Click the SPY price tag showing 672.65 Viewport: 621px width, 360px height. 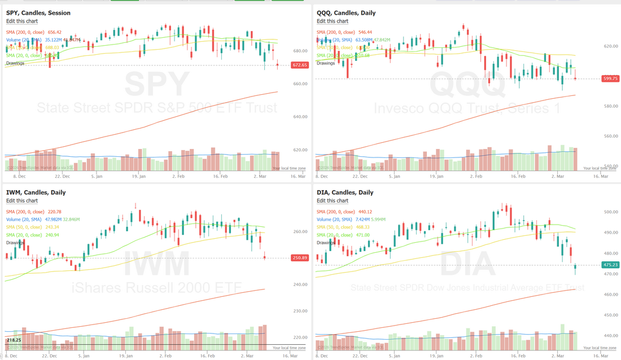(300, 65)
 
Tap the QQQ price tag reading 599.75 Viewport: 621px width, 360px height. (610, 79)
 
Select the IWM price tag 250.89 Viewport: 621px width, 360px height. (300, 258)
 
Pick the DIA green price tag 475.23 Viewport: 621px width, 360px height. (610, 265)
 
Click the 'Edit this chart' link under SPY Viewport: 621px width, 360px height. (22, 21)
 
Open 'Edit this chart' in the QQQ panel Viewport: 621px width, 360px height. (333, 21)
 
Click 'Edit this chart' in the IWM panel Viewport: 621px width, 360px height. (22, 200)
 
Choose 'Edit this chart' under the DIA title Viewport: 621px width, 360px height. (333, 200)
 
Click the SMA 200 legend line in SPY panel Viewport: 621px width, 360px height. (34, 32)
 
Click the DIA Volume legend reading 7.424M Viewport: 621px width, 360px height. (344, 219)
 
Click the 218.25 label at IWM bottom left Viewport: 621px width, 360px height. (14, 341)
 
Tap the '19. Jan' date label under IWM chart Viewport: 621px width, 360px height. (126, 356)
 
